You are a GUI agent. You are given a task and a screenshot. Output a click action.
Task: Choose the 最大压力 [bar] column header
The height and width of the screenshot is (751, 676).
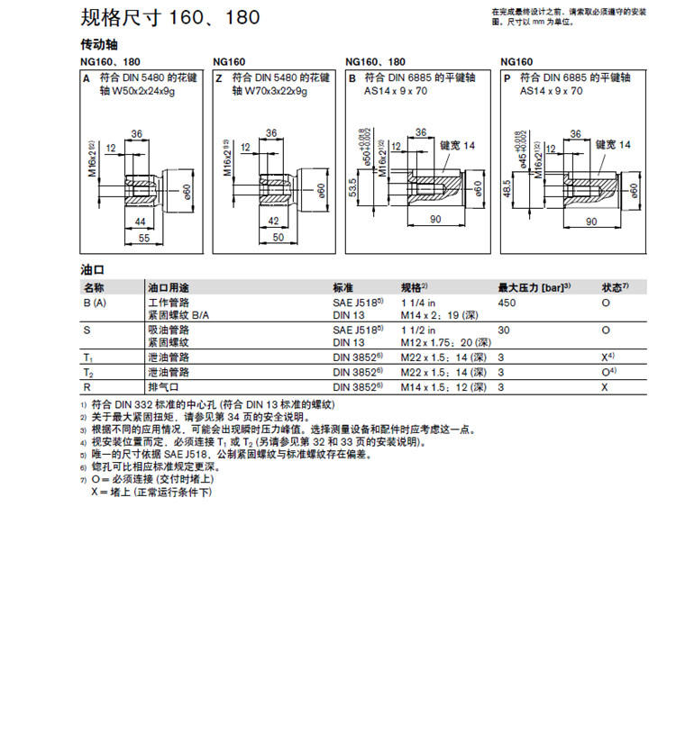click(x=535, y=287)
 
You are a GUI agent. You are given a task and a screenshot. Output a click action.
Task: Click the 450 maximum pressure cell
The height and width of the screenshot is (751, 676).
click(x=507, y=303)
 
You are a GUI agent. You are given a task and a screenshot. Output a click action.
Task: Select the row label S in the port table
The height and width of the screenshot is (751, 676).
click(x=87, y=330)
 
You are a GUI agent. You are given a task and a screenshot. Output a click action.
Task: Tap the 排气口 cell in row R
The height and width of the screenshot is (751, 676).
click(x=163, y=385)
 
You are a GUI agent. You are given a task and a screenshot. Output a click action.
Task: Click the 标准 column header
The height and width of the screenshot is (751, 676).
click(x=343, y=287)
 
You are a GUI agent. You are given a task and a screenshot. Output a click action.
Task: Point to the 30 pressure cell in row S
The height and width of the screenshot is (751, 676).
click(x=504, y=330)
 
